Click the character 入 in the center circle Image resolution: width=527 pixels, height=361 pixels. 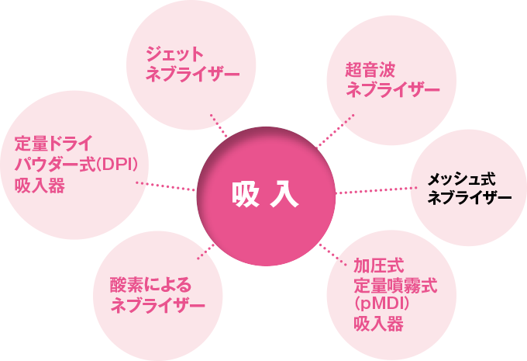286,193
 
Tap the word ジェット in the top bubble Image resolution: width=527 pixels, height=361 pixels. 174,54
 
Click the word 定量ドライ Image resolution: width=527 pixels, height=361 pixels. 53,144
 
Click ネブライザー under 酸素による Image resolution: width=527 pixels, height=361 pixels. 158,305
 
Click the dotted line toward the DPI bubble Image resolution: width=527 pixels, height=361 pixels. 166,186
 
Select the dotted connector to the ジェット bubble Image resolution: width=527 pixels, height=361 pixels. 219,124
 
